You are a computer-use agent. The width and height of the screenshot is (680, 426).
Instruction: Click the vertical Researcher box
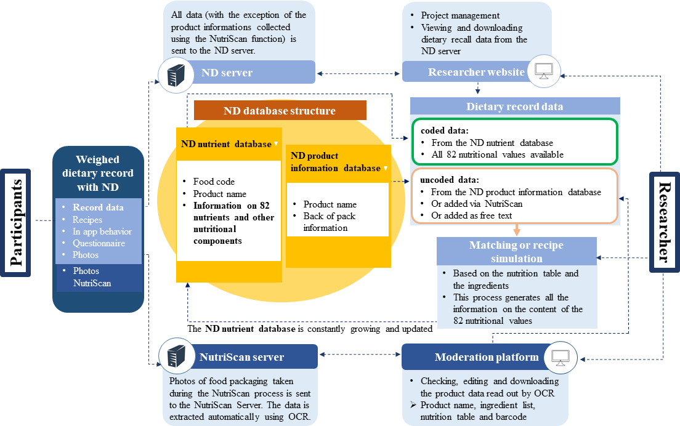pyautogui.click(x=663, y=222)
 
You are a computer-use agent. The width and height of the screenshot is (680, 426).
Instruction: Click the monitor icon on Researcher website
pyautogui.click(x=543, y=72)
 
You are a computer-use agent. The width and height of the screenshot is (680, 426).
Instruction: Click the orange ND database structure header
pyautogui.click(x=280, y=111)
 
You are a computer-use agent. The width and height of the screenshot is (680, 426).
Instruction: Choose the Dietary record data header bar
pyautogui.click(x=515, y=106)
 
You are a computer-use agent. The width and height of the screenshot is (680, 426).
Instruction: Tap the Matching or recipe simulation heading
pyautogui.click(x=516, y=252)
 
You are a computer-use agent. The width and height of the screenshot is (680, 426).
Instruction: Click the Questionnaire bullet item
pyautogui.click(x=99, y=243)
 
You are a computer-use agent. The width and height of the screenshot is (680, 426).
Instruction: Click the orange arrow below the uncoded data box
pyautogui.click(x=515, y=228)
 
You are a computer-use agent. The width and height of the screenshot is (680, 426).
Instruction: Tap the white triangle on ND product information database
pyautogui.click(x=385, y=168)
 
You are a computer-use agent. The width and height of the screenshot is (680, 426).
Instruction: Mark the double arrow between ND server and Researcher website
pyautogui.click(x=359, y=74)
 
